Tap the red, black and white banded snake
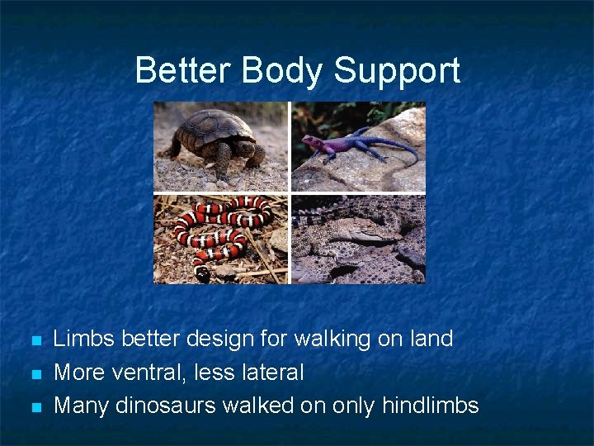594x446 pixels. [x=219, y=231]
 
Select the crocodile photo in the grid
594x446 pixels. [x=358, y=240]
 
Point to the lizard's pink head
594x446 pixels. [x=312, y=141]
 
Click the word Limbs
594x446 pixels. [x=84, y=339]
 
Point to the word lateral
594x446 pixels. [x=271, y=372]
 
